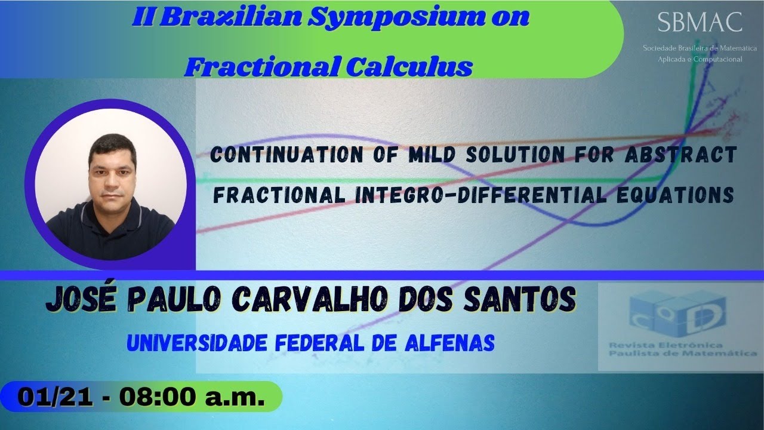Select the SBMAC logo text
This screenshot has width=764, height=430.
tap(700, 23)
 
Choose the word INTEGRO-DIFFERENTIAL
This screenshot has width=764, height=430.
tap(489, 195)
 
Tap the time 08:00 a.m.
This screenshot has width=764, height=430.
tap(192, 397)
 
